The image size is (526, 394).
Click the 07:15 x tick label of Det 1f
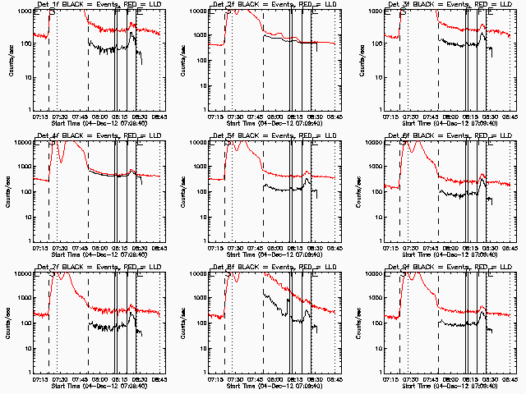[42, 117]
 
